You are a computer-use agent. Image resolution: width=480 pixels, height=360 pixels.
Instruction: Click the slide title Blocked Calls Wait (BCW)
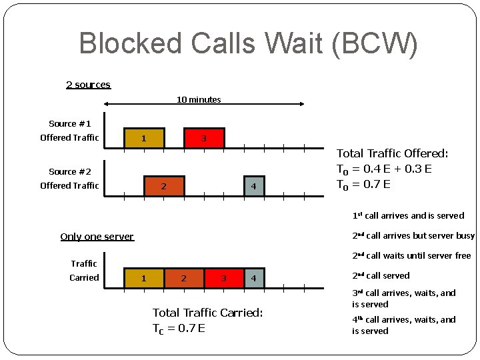[x=248, y=43]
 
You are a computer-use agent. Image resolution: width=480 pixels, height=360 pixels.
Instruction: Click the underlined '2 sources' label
[x=88, y=85]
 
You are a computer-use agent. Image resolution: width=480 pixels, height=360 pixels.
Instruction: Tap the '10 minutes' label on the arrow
[x=199, y=100]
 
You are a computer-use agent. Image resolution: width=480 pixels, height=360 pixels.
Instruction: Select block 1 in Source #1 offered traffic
[x=143, y=138]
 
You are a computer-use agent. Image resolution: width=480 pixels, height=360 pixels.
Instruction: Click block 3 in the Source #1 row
[x=204, y=138]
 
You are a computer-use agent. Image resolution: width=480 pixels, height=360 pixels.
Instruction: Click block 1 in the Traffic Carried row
[x=143, y=277]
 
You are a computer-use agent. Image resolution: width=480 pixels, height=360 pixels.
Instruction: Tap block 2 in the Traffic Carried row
[x=184, y=277]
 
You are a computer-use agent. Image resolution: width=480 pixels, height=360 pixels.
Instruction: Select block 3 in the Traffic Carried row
[x=224, y=277]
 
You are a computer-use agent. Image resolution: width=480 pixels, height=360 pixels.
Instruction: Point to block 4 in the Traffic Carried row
[x=253, y=277]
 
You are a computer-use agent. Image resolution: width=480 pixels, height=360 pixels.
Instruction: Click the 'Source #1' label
[x=69, y=124]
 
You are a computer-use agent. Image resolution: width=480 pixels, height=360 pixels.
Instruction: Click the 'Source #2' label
[x=69, y=172]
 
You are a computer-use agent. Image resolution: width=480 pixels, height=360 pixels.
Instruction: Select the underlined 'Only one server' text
[x=97, y=237]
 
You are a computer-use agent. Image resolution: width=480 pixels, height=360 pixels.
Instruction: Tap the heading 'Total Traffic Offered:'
[x=392, y=154]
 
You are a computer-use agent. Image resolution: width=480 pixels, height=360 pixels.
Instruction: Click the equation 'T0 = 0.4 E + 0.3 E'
[x=384, y=169]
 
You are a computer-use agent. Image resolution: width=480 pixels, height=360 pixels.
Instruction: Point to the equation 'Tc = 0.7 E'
[x=179, y=328]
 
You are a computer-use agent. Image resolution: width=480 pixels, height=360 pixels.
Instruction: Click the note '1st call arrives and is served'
[x=408, y=215]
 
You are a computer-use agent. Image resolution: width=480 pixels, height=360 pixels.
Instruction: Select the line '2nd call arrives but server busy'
[x=413, y=235]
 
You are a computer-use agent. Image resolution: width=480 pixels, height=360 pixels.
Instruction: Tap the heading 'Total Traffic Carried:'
[x=208, y=312]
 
